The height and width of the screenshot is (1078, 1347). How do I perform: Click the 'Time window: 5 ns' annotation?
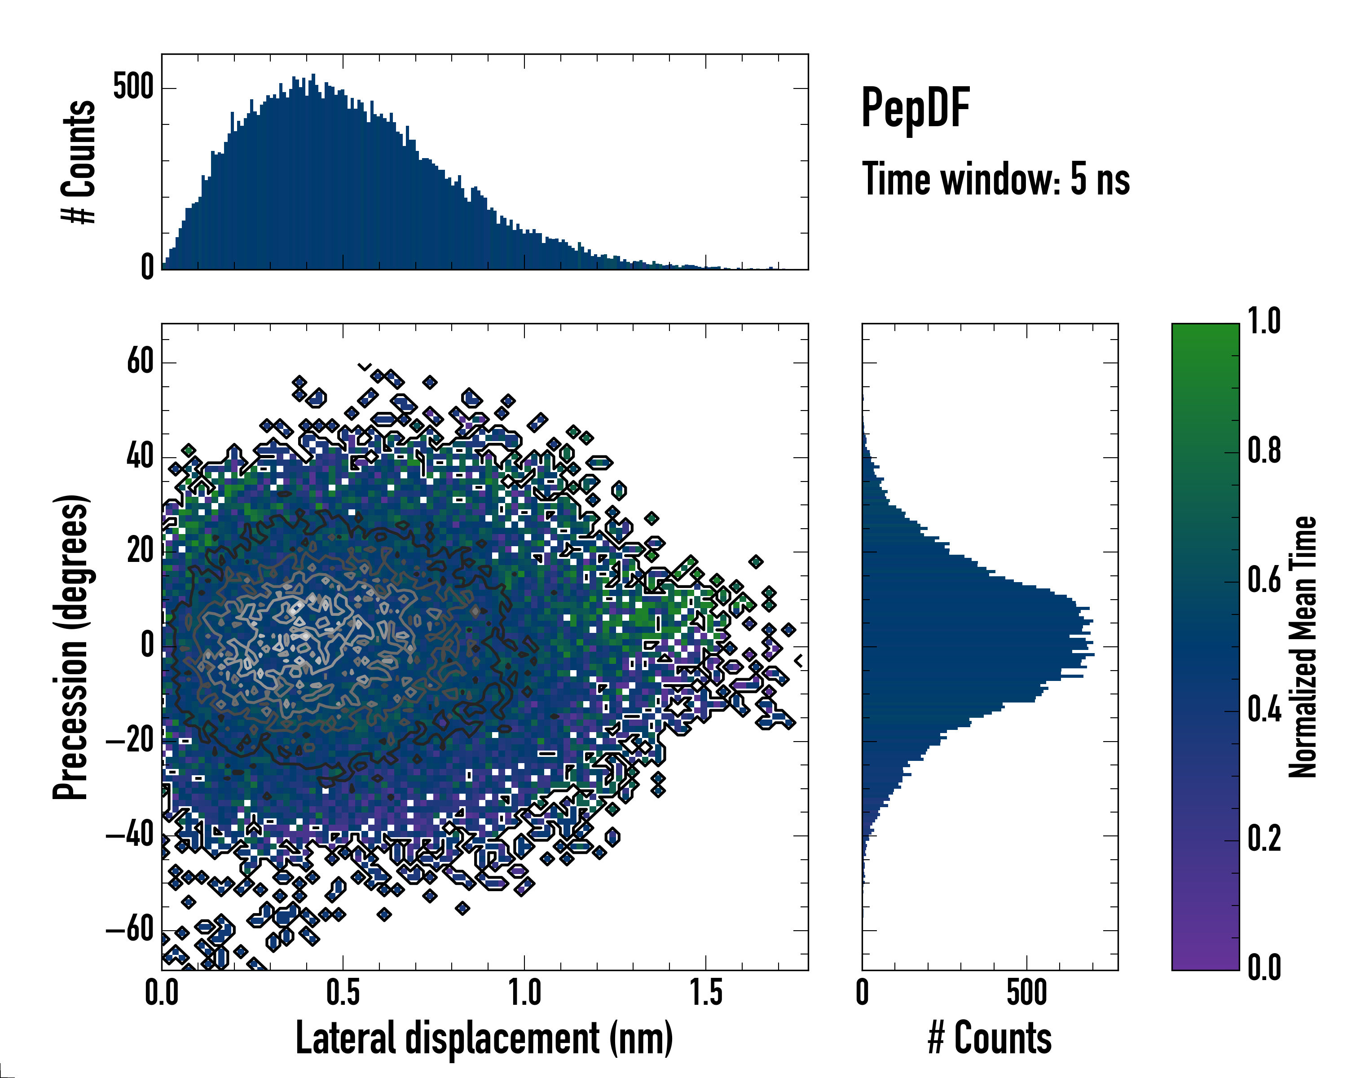click(x=995, y=179)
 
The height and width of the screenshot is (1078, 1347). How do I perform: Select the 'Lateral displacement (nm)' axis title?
click(x=484, y=1038)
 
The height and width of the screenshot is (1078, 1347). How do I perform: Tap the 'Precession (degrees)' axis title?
click(x=70, y=647)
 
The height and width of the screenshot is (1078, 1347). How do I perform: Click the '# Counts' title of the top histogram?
click(x=79, y=161)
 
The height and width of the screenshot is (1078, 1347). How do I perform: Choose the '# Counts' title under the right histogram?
click(x=990, y=1038)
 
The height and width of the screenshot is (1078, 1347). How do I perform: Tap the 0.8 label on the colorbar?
click(x=1264, y=451)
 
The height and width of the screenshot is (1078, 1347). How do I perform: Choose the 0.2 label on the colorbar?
click(x=1264, y=838)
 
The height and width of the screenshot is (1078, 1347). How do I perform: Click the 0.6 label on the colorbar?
click(x=1264, y=580)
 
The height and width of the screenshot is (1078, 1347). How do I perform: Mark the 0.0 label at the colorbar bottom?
click(x=1264, y=968)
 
